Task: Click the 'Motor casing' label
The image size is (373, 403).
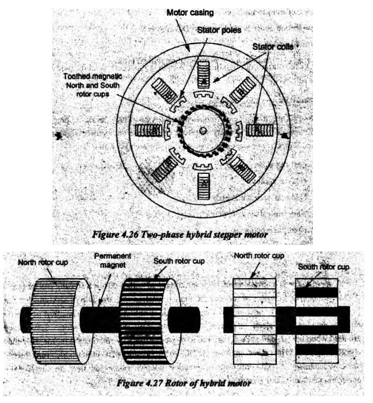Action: pos(190,13)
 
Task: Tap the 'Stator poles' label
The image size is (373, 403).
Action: pos(219,30)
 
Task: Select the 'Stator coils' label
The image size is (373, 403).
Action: pos(273,46)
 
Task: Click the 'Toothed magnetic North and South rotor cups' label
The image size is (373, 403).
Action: pos(92,85)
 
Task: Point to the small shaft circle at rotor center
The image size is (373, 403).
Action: pos(203,131)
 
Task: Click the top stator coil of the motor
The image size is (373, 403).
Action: pos(203,75)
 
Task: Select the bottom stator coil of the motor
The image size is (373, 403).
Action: pos(203,186)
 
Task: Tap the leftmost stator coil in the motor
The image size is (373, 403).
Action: pos(148,131)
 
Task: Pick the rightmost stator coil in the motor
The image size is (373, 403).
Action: pos(260,131)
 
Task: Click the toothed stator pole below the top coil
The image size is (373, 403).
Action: pos(203,94)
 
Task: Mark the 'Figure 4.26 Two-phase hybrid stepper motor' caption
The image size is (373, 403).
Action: pos(180,234)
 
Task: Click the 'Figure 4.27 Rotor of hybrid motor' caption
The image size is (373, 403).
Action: pos(184,383)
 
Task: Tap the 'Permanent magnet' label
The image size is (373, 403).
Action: pos(113,260)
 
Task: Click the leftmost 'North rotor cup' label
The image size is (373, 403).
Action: pos(43,263)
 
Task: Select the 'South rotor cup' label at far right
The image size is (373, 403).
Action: pos(323,267)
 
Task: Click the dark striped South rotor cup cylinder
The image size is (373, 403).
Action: pos(150,321)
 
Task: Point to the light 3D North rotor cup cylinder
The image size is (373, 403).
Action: pos(62,321)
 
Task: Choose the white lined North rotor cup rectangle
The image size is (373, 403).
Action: pos(254,321)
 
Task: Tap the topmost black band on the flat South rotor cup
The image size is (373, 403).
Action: pos(317,292)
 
